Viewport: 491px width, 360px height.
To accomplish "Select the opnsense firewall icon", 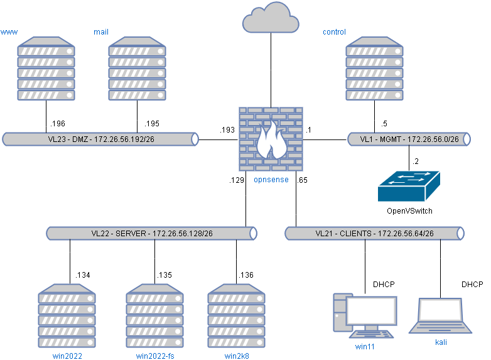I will [271, 139].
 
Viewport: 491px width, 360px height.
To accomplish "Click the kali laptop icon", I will [441, 317].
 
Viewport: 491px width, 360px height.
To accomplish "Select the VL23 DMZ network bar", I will [100, 139].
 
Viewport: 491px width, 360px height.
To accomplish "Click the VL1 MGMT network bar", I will [409, 139].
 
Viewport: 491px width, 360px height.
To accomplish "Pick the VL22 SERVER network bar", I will [151, 233].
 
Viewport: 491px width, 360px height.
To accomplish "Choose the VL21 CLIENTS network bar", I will [374, 233].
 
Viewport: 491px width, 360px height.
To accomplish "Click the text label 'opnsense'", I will [271, 180].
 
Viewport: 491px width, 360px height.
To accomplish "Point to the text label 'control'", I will [334, 32].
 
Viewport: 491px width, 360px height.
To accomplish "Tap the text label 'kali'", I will [441, 342].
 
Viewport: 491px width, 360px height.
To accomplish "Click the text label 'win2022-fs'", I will [155, 356].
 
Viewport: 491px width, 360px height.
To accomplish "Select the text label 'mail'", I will [101, 31].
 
